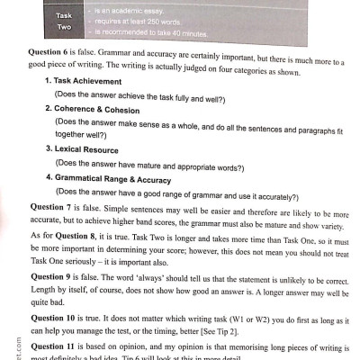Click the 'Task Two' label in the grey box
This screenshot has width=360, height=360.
point(65,21)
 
